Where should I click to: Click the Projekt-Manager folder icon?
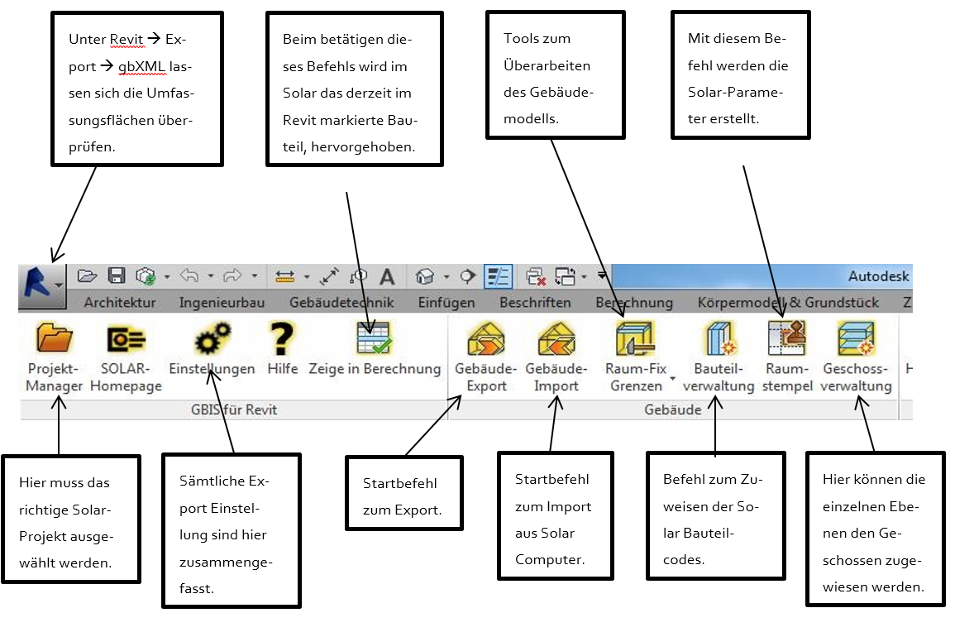point(55,338)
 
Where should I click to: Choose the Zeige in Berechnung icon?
point(375,338)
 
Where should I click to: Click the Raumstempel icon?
point(786,338)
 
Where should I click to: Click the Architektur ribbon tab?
point(120,303)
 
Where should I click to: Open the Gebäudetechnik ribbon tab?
point(341,303)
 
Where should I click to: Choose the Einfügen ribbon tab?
point(446,303)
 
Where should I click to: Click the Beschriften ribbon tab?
point(535,303)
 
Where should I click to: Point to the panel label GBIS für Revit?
point(235,409)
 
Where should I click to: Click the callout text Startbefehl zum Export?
point(402,496)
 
